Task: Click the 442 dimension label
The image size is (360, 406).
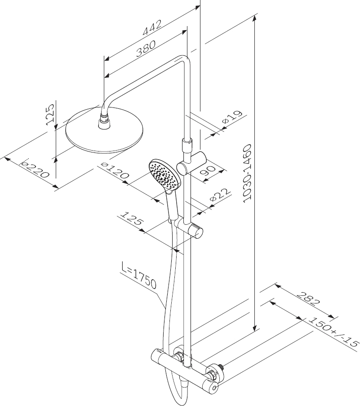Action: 152,27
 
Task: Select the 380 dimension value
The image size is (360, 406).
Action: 146,49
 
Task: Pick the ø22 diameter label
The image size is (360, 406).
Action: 220,195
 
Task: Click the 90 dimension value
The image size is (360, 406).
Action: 209,170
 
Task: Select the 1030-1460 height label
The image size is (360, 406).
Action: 248,173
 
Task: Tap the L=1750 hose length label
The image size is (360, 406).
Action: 139,276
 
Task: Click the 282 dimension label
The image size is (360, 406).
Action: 308,299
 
